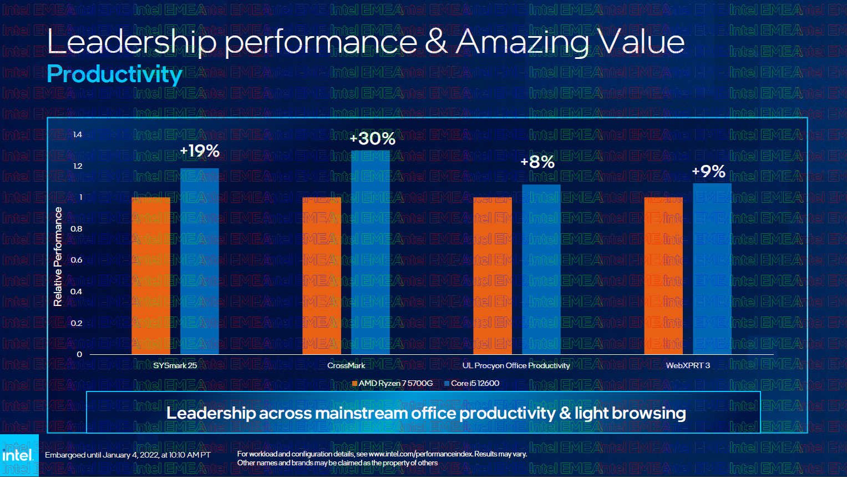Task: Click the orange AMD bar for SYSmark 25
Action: (x=151, y=275)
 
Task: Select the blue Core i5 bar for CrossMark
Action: (x=371, y=252)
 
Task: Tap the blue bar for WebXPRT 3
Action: (x=712, y=269)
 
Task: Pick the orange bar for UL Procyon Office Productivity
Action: (x=493, y=275)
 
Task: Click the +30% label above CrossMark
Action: (x=373, y=138)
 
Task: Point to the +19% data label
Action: (x=200, y=150)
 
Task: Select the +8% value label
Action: (x=537, y=162)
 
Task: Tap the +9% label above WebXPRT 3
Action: (x=709, y=171)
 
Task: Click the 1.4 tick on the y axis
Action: (x=78, y=134)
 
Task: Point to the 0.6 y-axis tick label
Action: (x=77, y=260)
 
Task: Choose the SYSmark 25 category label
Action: (x=175, y=365)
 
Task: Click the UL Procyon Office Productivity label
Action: (x=516, y=365)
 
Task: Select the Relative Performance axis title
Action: (x=58, y=257)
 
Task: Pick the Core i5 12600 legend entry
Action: (x=472, y=383)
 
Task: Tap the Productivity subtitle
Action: (x=114, y=74)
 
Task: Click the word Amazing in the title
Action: (x=523, y=42)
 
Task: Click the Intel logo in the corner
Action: (x=19, y=455)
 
